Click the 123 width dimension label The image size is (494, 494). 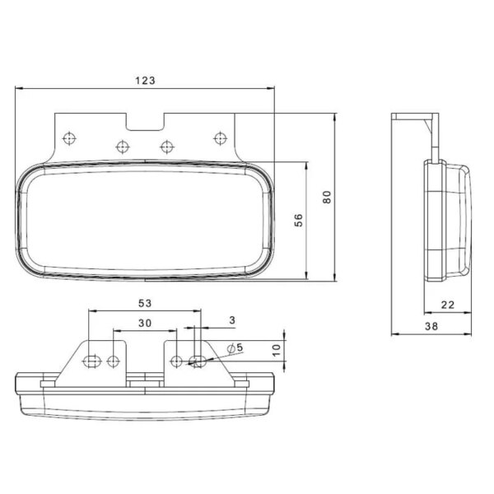pyautogui.click(x=145, y=81)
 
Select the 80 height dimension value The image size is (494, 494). pyautogui.click(x=327, y=197)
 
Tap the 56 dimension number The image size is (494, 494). pyautogui.click(x=298, y=220)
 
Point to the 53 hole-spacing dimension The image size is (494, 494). pyautogui.click(x=145, y=303)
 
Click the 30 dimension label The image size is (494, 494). pyautogui.click(x=145, y=323)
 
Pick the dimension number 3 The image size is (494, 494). pyautogui.click(x=232, y=320)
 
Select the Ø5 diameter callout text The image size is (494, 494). pyautogui.click(x=235, y=347)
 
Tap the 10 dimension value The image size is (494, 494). pyautogui.click(x=276, y=351)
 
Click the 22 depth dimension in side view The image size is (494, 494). pyautogui.click(x=448, y=305)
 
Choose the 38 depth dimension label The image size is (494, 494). pyautogui.click(x=431, y=326)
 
